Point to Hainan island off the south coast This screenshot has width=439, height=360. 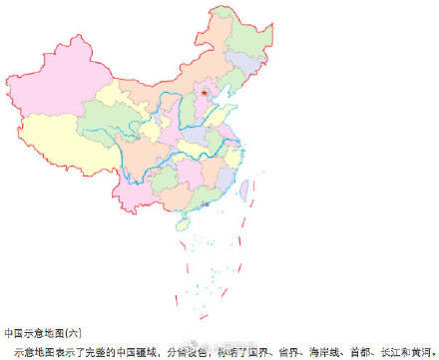182,225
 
